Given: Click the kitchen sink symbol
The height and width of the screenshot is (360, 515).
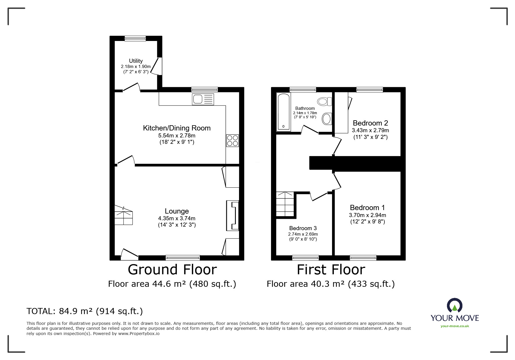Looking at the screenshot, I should click(x=203, y=99).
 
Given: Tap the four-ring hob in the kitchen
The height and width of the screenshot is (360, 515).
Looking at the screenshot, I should click(x=232, y=141).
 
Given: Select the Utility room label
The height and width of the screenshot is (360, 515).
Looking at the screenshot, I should click(x=136, y=61).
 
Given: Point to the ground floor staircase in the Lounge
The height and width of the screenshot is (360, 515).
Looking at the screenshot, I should click(x=124, y=215).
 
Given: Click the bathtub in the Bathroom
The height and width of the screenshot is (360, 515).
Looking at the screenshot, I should click(x=283, y=112).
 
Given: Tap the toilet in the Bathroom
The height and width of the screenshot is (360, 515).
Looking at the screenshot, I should click(x=325, y=101).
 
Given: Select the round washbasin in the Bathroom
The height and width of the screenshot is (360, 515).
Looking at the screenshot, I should click(x=327, y=119).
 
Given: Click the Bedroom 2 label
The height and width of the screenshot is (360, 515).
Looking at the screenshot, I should click(x=370, y=123).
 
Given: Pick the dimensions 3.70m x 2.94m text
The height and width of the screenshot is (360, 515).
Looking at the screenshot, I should click(x=367, y=215).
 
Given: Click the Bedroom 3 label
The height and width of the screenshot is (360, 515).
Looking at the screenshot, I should click(x=303, y=228).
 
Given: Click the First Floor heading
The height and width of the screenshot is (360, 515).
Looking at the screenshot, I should click(x=331, y=270).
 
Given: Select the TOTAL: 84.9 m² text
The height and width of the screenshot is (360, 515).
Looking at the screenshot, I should click(x=85, y=311).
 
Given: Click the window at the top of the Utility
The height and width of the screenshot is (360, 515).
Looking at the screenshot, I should click(x=135, y=38).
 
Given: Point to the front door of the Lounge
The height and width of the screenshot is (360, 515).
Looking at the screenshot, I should click(x=129, y=255).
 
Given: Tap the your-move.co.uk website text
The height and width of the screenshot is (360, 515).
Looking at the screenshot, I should click(x=455, y=326).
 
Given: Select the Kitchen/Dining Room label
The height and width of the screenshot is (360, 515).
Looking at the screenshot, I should click(x=177, y=128).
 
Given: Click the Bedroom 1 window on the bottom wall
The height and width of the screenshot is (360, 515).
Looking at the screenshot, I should click(x=363, y=257).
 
